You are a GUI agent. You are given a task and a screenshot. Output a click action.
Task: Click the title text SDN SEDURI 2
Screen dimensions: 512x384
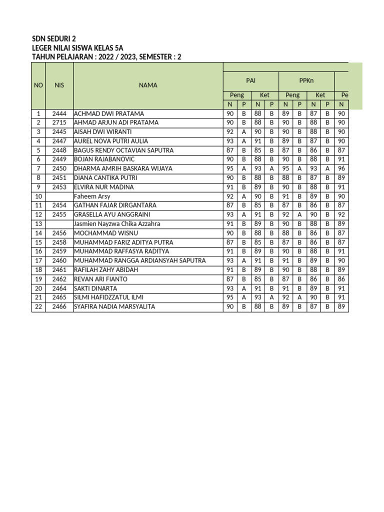pos(54,38)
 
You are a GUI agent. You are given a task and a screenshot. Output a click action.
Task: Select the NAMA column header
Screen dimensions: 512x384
pos(148,85)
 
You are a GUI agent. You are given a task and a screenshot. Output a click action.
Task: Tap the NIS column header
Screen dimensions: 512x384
pos(59,85)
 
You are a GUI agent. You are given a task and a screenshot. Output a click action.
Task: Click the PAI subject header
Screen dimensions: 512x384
pos(250,80)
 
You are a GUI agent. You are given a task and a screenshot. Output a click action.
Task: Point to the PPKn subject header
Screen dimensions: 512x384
pos(306,80)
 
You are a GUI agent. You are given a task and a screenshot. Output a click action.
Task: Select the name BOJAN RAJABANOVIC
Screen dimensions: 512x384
pos(104,159)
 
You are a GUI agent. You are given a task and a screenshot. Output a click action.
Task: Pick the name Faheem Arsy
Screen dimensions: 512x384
pos(92,196)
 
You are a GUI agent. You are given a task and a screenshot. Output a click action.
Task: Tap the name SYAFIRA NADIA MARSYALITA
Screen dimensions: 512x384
pos(114,306)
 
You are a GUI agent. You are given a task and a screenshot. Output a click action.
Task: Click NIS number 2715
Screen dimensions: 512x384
pos(59,122)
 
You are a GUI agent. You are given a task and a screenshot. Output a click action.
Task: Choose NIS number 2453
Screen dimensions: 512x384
pos(59,187)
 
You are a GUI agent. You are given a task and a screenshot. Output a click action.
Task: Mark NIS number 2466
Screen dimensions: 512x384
pos(59,306)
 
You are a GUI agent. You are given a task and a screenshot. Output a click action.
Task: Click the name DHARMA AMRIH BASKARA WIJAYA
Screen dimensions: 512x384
pos(123,168)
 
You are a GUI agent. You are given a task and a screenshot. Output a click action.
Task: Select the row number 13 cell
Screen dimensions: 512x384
pos(38,224)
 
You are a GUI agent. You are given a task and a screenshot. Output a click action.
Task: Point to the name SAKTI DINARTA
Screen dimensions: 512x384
pos(95,288)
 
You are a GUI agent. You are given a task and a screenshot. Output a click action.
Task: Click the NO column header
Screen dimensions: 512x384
pos(38,85)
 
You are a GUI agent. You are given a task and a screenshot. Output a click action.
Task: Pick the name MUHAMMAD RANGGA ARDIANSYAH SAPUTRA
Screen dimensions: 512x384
pos(139,260)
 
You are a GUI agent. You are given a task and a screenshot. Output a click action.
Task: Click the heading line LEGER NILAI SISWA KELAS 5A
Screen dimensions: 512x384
pos(77,47)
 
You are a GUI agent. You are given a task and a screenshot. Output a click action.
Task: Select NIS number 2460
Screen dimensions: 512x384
pos(59,260)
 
